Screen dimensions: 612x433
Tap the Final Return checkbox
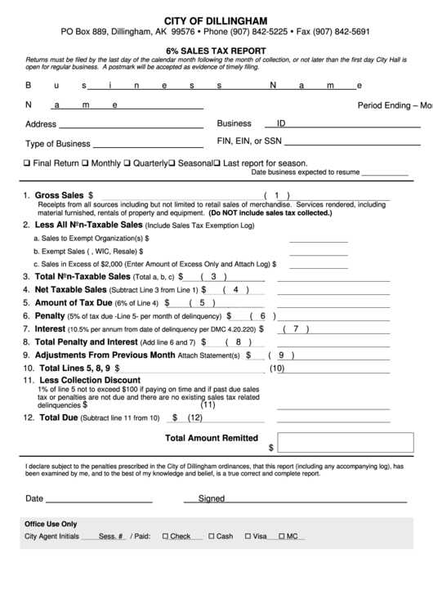click(x=28, y=163)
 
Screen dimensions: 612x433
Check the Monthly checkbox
click(x=86, y=163)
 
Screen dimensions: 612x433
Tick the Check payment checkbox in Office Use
click(x=166, y=537)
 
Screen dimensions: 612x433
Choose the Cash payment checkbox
click(x=212, y=537)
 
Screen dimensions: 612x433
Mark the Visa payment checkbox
click(x=248, y=537)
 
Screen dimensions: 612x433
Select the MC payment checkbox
click(x=283, y=537)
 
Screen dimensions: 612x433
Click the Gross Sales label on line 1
click(x=59, y=195)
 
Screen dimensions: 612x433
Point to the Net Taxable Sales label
click(x=70, y=289)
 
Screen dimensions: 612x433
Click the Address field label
click(x=41, y=125)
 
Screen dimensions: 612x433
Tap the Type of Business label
click(x=57, y=144)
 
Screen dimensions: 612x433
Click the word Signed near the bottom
click(x=211, y=498)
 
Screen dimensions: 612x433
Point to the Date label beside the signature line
click(x=34, y=498)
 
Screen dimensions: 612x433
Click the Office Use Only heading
click(x=51, y=524)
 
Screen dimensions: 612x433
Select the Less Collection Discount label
click(x=90, y=381)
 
